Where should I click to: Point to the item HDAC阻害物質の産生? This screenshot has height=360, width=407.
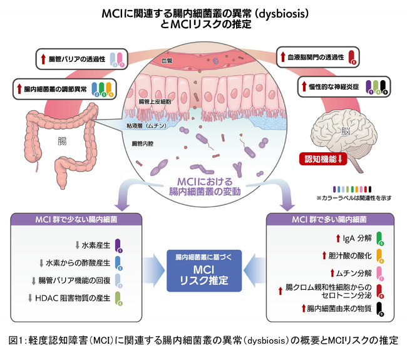coord(79,298)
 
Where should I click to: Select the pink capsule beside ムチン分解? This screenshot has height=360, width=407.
coord(381,274)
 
